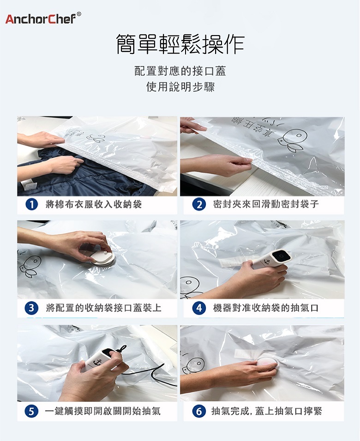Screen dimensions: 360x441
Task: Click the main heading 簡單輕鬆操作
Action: click(x=180, y=44)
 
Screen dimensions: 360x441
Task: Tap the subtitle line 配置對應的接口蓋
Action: click(x=180, y=71)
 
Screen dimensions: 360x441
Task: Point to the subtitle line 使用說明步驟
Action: click(x=180, y=87)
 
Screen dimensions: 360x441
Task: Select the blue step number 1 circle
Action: click(x=31, y=204)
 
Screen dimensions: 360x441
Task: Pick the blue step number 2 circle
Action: click(x=199, y=204)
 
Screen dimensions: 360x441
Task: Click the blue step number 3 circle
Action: click(x=31, y=308)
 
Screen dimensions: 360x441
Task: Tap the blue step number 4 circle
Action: click(x=199, y=308)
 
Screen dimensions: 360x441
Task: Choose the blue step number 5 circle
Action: click(x=31, y=411)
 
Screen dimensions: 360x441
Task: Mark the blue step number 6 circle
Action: click(x=199, y=411)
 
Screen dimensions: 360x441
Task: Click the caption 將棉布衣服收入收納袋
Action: click(x=94, y=204)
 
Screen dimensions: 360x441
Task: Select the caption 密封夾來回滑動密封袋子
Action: click(x=266, y=204)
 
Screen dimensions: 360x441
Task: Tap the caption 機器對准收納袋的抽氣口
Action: click(x=266, y=308)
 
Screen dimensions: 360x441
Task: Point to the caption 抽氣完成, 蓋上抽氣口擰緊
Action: click(x=267, y=411)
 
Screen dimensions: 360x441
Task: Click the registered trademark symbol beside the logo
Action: click(x=79, y=14)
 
